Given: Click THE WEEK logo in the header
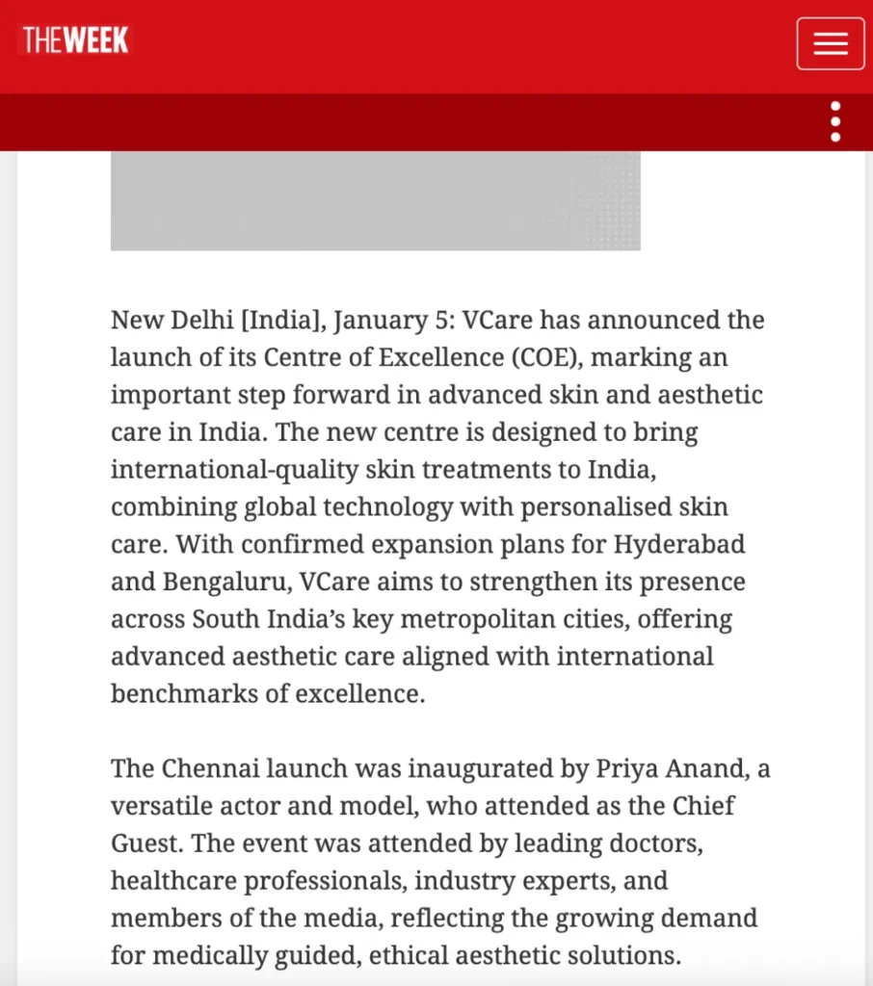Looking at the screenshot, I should pyautogui.click(x=75, y=40).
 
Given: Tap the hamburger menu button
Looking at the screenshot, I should pyautogui.click(x=830, y=43).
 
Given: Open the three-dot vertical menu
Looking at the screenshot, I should pyautogui.click(x=835, y=122).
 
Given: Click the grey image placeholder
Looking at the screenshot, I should pyautogui.click(x=375, y=200).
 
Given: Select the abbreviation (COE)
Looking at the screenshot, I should pyautogui.click(x=544, y=357).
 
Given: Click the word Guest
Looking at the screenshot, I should pyautogui.click(x=146, y=843).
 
